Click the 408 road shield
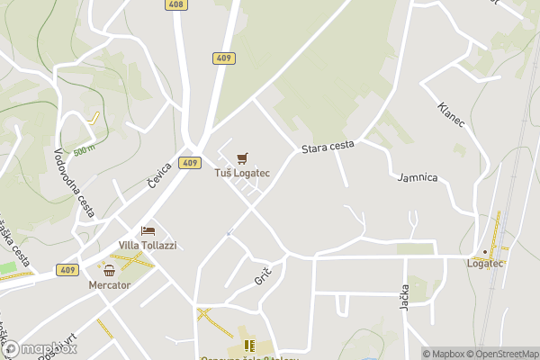(x=176, y=4)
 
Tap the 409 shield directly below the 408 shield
(x=225, y=58)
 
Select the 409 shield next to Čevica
(x=189, y=163)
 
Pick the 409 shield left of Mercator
(x=67, y=269)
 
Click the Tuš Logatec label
(x=242, y=173)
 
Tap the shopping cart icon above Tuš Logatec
(x=242, y=158)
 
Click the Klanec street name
(x=451, y=115)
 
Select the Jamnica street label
(x=418, y=177)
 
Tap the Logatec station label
(x=485, y=264)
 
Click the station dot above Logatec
(x=485, y=251)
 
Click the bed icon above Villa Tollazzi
(x=148, y=231)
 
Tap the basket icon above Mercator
(x=110, y=270)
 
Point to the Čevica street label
(x=160, y=175)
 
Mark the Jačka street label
(x=404, y=296)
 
